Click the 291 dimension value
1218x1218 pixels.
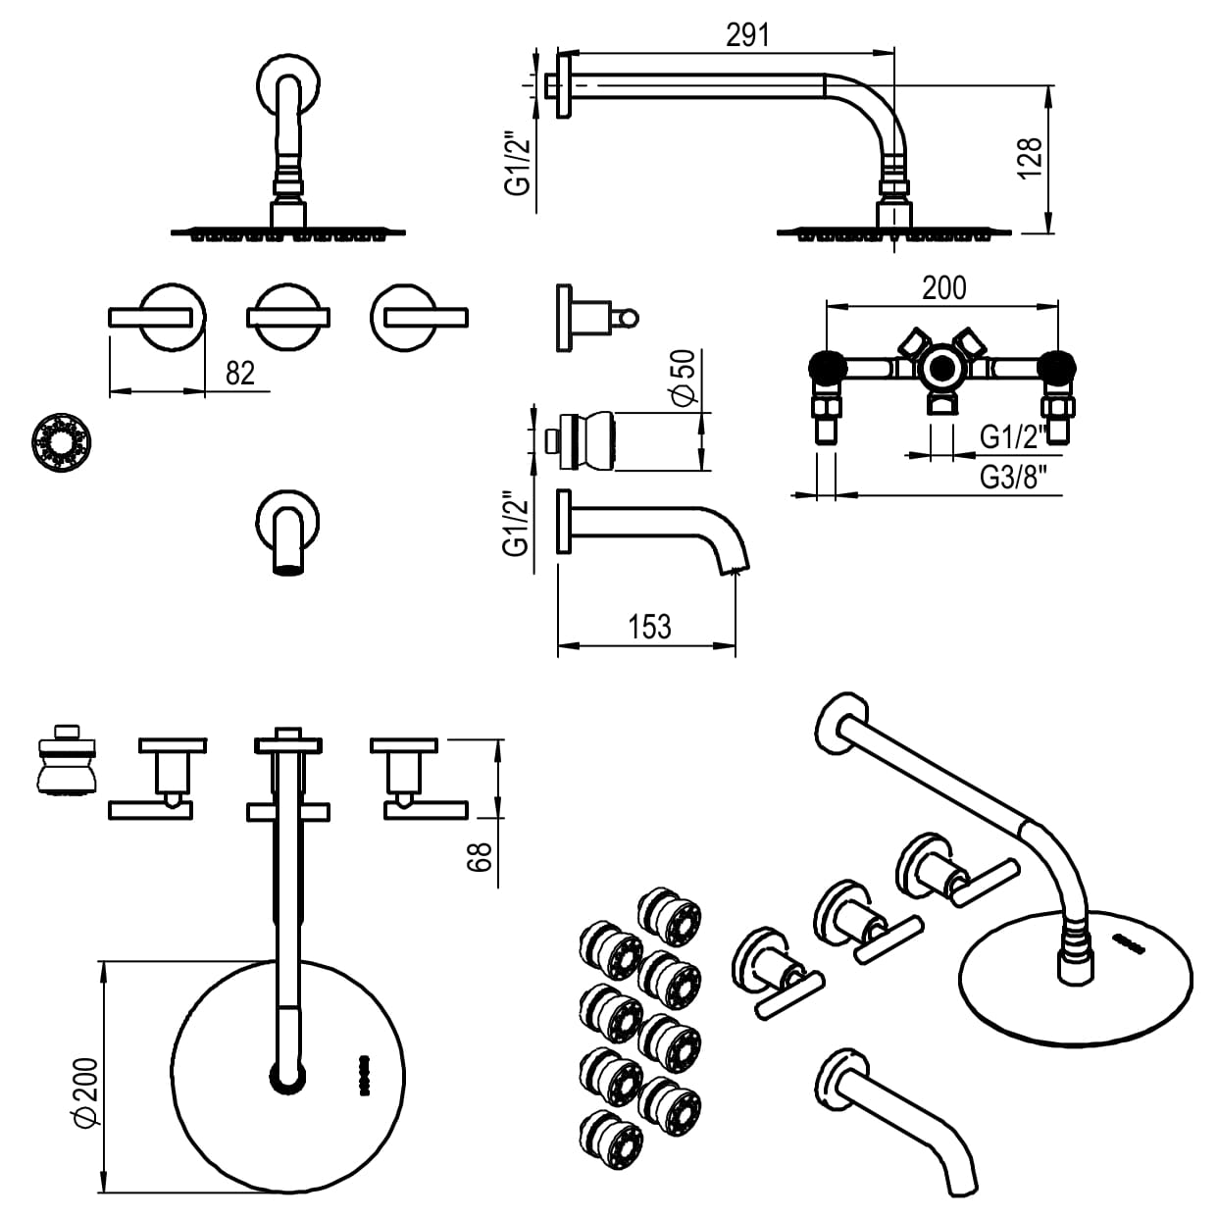pos(747,34)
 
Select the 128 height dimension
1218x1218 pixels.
pos(1029,158)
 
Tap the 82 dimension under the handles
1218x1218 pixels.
pos(239,373)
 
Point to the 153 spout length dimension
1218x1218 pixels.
pos(649,626)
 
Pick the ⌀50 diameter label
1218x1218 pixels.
pos(683,378)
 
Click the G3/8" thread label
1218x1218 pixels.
pos(1014,478)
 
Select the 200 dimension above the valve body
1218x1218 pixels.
pos(943,287)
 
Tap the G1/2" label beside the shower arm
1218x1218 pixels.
pos(519,162)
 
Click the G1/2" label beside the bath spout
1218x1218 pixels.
pos(519,525)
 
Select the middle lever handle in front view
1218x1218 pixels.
pos(287,316)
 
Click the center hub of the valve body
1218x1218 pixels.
pos(941,369)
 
